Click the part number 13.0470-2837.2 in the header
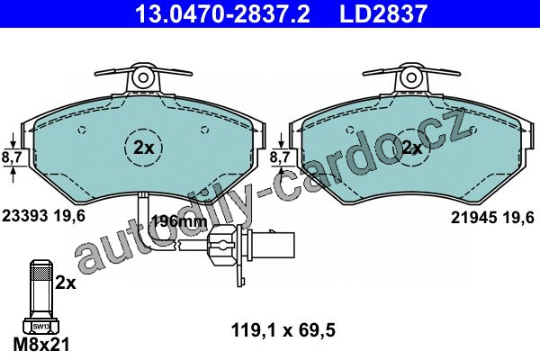[223, 13]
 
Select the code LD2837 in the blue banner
[383, 13]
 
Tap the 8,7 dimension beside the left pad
[12, 157]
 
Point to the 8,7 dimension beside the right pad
[280, 157]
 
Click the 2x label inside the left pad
[144, 148]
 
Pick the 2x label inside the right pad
[412, 148]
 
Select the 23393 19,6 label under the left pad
[43, 216]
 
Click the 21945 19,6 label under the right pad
[492, 218]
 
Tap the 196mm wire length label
[180, 221]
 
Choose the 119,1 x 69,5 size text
[283, 330]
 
